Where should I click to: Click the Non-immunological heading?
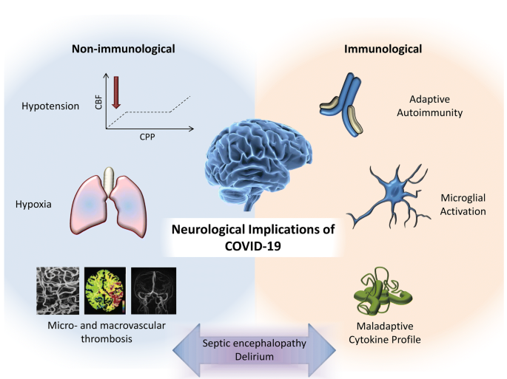(x=123, y=49)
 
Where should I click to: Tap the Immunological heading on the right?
(x=383, y=49)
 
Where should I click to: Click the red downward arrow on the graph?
(x=116, y=92)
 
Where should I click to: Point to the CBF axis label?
(x=98, y=102)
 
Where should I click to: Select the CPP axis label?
(x=147, y=137)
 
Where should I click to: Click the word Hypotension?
(x=50, y=106)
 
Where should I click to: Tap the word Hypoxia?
(x=33, y=205)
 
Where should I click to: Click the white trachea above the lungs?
(x=109, y=182)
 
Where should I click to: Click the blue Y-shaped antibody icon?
(x=343, y=104)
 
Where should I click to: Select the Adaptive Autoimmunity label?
(x=430, y=106)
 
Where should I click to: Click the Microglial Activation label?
(x=463, y=205)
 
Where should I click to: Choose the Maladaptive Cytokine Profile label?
(x=385, y=333)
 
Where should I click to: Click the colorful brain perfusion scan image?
(x=105, y=290)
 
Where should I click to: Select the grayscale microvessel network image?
(x=58, y=290)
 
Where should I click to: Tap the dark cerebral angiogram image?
(x=154, y=290)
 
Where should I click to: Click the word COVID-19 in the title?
(x=253, y=246)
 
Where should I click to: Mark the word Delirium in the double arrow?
(x=254, y=357)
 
